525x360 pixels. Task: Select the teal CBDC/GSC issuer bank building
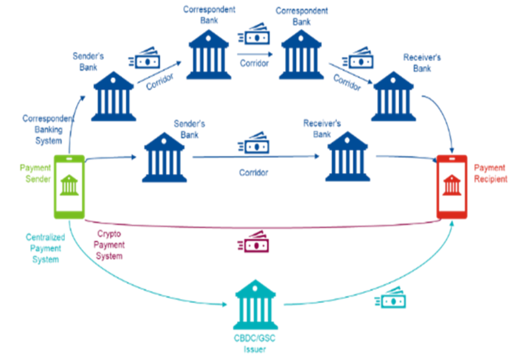(x=255, y=305)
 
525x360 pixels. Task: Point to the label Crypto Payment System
(x=108, y=244)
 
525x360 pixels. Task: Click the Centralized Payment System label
(x=45, y=248)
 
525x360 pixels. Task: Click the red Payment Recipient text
(x=491, y=173)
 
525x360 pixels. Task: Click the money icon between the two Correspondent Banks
(x=254, y=36)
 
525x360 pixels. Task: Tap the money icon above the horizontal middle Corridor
(x=254, y=144)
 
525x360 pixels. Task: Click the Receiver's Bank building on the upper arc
(x=394, y=96)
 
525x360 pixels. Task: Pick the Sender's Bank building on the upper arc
(x=114, y=96)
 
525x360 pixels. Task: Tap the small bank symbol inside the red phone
(x=452, y=185)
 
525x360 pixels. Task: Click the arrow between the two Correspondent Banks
(x=255, y=54)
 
